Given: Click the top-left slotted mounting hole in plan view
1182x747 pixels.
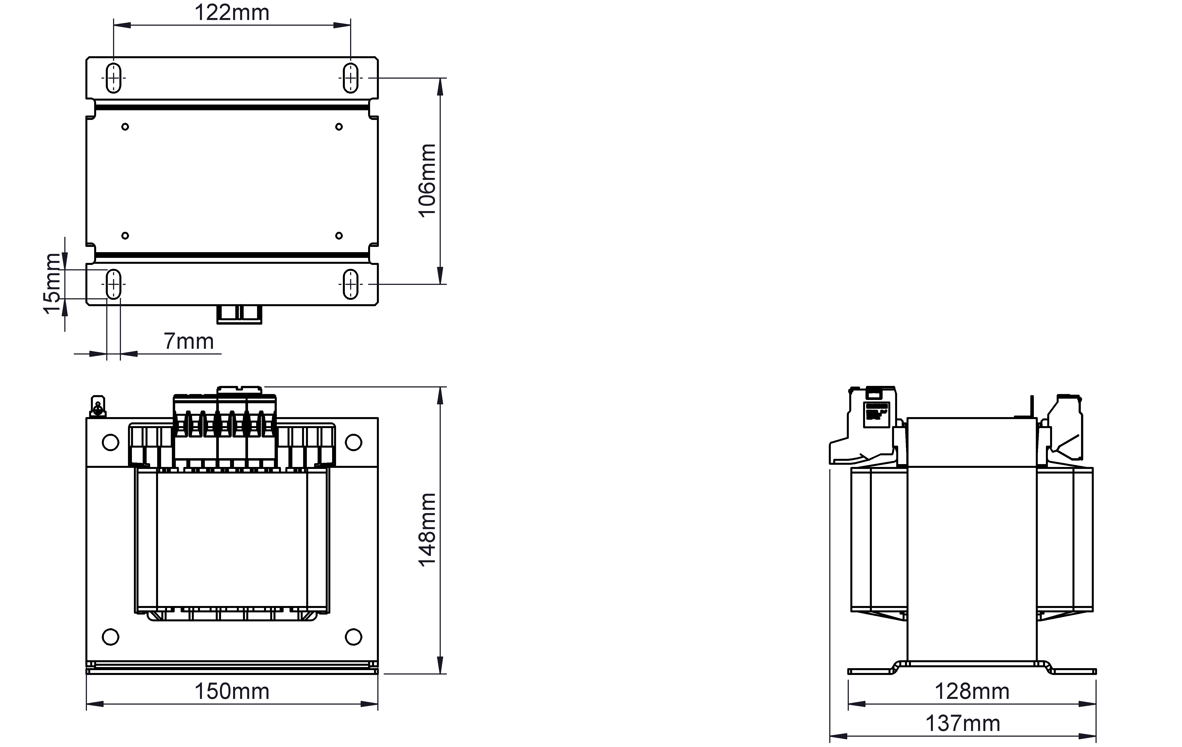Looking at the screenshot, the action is [113, 78].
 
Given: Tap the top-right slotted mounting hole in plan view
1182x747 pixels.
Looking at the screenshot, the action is [351, 78].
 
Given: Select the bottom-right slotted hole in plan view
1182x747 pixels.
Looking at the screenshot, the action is [351, 284].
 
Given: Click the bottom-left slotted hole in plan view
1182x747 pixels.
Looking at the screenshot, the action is [113, 284].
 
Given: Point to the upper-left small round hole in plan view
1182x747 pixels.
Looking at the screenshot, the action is [125, 127].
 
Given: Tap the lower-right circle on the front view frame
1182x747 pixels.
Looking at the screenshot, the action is [353, 637].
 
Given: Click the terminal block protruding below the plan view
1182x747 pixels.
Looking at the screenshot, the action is [239, 314].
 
